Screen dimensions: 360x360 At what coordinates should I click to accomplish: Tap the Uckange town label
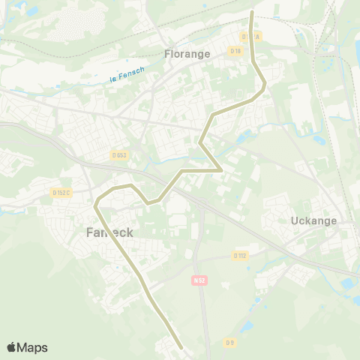(313, 221)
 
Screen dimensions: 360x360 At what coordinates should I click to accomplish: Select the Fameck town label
(105, 232)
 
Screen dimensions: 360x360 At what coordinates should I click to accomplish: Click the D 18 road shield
(236, 50)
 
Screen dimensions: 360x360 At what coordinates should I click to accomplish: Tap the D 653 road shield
(118, 155)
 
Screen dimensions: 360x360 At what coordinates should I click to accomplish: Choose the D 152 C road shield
(61, 193)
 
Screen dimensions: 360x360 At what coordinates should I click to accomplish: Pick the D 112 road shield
(240, 255)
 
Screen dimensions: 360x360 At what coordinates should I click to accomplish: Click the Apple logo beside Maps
(11, 347)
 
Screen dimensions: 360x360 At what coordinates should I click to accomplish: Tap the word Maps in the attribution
(32, 347)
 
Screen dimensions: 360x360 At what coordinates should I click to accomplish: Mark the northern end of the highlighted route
(251, 13)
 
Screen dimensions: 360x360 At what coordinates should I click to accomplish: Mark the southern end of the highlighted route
(182, 348)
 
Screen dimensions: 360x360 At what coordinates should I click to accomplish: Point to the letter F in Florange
(167, 54)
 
